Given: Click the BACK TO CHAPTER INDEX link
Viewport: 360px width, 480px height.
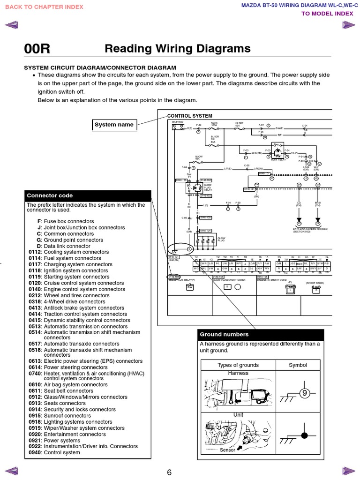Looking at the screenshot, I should click(44, 7).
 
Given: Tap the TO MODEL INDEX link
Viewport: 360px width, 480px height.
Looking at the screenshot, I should click(327, 13).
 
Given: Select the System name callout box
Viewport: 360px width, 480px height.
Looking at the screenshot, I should click(114, 125).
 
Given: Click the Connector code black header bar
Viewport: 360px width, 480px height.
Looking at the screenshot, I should click(88, 195).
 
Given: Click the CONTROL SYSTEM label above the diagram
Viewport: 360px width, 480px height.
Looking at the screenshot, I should click(189, 116).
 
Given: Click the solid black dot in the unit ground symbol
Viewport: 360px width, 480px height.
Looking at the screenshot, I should click(304, 435).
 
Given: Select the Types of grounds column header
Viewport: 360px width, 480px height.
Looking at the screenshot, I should click(238, 365).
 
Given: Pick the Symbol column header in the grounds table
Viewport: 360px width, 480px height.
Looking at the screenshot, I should click(298, 365).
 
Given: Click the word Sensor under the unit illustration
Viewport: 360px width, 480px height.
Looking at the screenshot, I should click(227, 450).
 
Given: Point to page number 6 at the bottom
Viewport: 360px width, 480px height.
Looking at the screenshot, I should click(169, 472).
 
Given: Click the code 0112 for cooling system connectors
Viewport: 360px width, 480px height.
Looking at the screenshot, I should click(35, 252).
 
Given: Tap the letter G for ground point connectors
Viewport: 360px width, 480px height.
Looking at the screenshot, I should click(39, 240).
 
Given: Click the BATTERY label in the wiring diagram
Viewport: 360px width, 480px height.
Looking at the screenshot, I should click(178, 122).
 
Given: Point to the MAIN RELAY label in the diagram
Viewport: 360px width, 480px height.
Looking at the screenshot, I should click(278, 160).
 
